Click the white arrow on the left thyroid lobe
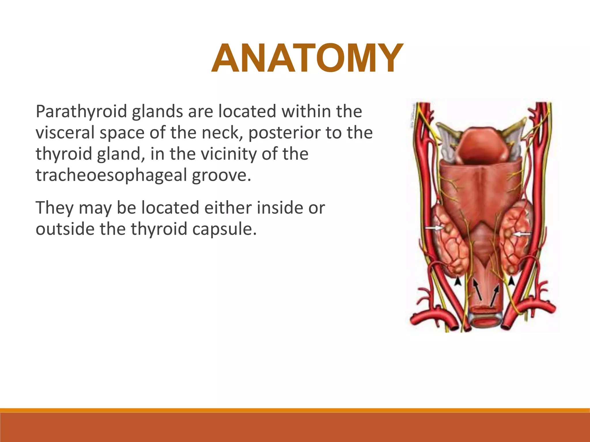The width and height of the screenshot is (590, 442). [x=434, y=228]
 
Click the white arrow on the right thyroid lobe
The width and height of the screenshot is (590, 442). [x=522, y=234]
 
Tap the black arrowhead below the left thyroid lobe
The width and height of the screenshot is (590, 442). [x=457, y=281]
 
